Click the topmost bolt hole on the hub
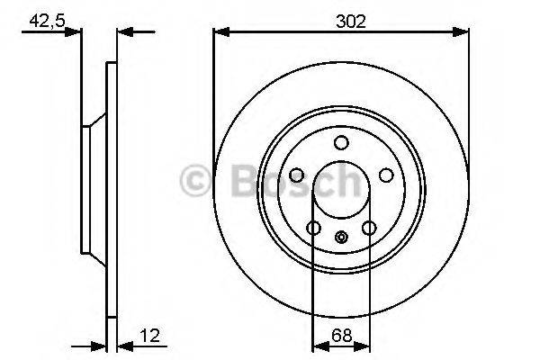tap(341, 142)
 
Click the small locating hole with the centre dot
tap(341, 238)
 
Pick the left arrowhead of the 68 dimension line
tap(317, 346)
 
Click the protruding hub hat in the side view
tap(88, 189)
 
